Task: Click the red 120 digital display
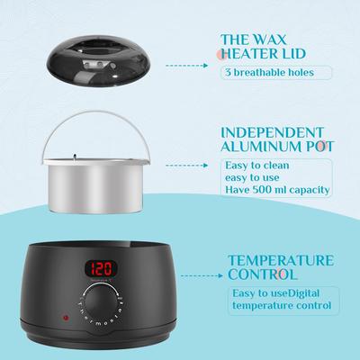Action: (x=101, y=268)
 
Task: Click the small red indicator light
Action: (x=65, y=318)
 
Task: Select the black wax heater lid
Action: (x=98, y=65)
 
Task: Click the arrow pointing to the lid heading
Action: (x=186, y=65)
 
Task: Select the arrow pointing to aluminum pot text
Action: (x=186, y=166)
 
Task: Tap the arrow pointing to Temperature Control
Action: (x=202, y=275)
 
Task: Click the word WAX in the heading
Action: (x=269, y=40)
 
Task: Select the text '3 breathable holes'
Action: (x=269, y=72)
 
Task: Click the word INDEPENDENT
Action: (x=272, y=132)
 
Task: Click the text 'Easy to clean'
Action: (x=257, y=166)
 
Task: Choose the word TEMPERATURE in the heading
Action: (x=281, y=260)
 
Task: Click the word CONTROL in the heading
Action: (x=263, y=274)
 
